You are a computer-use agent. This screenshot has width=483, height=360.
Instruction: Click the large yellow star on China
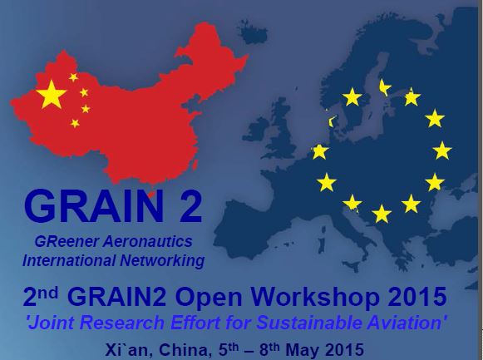click(52, 94)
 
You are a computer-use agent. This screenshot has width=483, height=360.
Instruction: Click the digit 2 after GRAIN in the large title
click(191, 206)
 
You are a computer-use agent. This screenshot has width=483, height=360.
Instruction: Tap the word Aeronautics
click(147, 241)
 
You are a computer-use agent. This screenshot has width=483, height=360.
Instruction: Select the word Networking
click(162, 260)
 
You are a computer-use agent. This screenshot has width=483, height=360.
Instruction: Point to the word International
click(69, 260)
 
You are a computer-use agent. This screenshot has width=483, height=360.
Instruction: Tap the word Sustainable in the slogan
click(310, 323)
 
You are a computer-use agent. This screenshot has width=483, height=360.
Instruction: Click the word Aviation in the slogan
click(407, 323)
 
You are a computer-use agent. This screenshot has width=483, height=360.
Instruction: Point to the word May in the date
click(303, 350)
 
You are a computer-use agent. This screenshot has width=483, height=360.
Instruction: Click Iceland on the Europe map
click(254, 32)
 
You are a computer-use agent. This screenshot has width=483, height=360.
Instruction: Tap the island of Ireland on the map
click(256, 130)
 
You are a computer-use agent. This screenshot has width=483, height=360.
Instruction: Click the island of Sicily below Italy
click(352, 266)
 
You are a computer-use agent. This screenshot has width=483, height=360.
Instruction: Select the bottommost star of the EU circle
click(382, 214)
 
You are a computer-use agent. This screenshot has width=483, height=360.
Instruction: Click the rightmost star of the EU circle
click(442, 150)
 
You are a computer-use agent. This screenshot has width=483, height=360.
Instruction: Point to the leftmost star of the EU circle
click(319, 151)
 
